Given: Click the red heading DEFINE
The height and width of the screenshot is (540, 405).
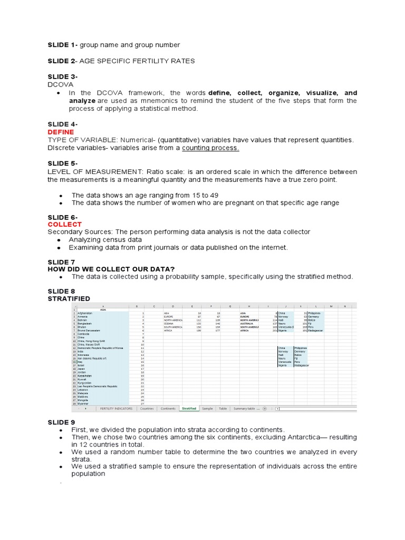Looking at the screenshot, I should (x=61, y=132).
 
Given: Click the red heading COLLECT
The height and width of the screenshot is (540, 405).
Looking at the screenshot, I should (x=64, y=224).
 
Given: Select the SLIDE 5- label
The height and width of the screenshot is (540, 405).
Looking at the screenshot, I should (x=63, y=163).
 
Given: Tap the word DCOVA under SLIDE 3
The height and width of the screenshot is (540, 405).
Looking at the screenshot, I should (x=61, y=84).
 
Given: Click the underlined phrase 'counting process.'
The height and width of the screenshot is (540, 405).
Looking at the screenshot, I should (x=210, y=148).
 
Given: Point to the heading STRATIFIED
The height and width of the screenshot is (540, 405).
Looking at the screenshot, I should (x=69, y=298).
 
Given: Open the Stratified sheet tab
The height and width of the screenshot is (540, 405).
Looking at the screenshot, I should (x=189, y=408).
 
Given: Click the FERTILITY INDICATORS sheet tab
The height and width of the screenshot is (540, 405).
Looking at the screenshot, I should (x=117, y=408).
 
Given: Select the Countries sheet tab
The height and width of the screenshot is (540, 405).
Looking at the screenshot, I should (x=147, y=408).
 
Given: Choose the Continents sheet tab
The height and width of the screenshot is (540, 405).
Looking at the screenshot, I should (x=168, y=408).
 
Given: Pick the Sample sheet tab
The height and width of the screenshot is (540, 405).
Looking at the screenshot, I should (x=207, y=408).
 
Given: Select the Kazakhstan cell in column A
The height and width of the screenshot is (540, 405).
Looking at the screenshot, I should (x=85, y=375).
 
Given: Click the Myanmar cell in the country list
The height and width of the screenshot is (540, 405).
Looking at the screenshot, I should (x=83, y=403).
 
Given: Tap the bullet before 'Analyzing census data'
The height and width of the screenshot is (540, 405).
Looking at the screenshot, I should (x=61, y=240).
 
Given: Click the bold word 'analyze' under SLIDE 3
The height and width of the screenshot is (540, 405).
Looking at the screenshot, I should (x=82, y=100).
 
